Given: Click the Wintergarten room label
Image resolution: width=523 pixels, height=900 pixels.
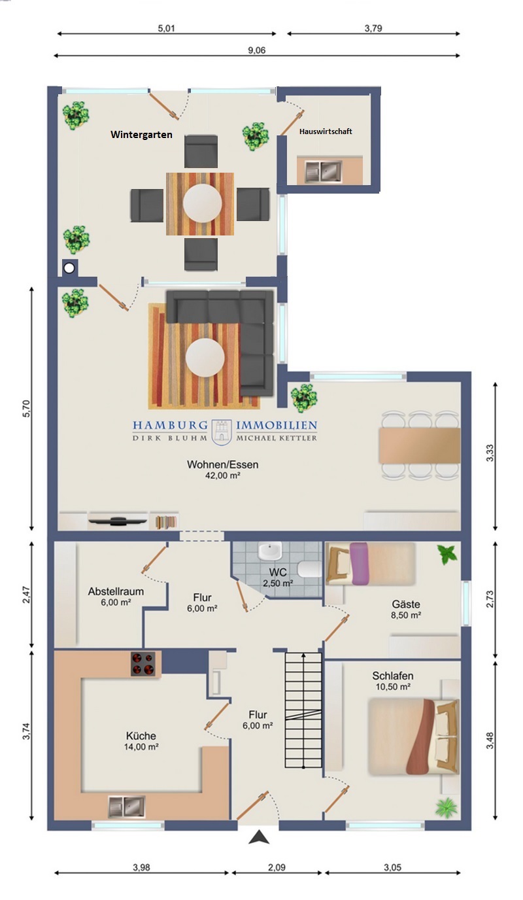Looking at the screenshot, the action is click(x=141, y=135).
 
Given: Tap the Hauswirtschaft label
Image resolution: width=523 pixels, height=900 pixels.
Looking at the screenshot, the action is click(x=326, y=131).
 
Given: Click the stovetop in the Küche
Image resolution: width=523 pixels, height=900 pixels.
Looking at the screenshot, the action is click(x=143, y=663).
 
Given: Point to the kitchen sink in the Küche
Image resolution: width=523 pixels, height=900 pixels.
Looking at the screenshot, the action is click(x=127, y=806).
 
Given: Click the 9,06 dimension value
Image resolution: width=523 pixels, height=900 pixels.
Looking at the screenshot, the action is click(x=257, y=50).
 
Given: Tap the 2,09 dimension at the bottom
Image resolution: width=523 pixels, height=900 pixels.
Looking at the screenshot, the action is click(x=277, y=867).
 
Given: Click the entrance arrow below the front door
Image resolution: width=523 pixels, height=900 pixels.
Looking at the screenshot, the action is click(x=259, y=837).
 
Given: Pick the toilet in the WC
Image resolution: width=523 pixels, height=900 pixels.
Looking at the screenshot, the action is click(x=309, y=569).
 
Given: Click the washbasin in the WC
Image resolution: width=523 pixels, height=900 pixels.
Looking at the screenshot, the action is click(x=270, y=551).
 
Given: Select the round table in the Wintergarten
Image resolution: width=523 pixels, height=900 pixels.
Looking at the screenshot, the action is click(x=202, y=203).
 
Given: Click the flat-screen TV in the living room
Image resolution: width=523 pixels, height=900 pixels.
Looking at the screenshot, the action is click(x=117, y=521).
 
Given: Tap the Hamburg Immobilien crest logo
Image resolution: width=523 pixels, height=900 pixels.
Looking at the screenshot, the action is click(x=222, y=432).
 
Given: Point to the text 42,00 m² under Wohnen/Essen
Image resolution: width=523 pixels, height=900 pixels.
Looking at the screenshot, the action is click(x=222, y=476).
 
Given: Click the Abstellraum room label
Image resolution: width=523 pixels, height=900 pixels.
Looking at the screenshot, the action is click(x=116, y=591).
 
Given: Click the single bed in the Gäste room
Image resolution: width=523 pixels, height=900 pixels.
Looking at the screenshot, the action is click(x=370, y=563).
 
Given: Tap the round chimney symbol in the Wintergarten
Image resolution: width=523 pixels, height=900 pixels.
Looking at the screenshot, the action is click(x=69, y=268).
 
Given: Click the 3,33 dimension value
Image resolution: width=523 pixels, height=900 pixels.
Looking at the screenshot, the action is click(x=490, y=453).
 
